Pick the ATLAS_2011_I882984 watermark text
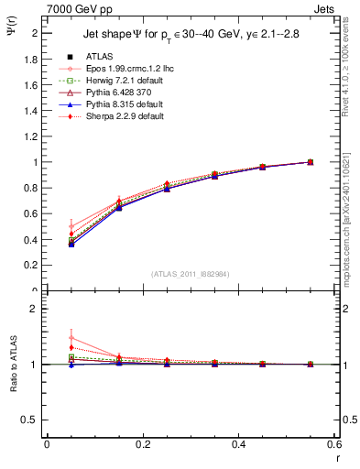[x=190, y=274]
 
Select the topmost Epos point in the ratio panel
[x=71, y=338]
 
